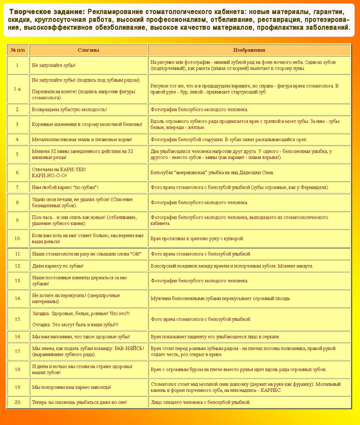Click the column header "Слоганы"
tap(88, 50)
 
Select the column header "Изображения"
tap(249, 50)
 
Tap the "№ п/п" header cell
tap(18, 50)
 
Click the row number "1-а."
tap(18, 89)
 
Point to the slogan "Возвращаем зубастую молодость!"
tap(69, 110)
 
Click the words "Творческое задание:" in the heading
tap(47, 12)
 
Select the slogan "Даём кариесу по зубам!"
tap(58, 266)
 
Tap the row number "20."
tap(18, 402)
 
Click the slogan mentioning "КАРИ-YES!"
tap(59, 169)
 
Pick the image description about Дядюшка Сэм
tap(212, 172)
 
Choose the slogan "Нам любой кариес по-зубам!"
tap(65, 187)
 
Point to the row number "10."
tap(18, 238)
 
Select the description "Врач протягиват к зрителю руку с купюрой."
tap(197, 238)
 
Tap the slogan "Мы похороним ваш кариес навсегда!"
tap(71, 387)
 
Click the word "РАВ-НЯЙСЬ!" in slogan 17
tap(129, 348)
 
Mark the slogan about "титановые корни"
tap(82, 140)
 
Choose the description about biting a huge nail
tap(221, 298)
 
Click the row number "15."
tap(18, 319)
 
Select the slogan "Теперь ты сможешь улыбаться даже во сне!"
tap(79, 402)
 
